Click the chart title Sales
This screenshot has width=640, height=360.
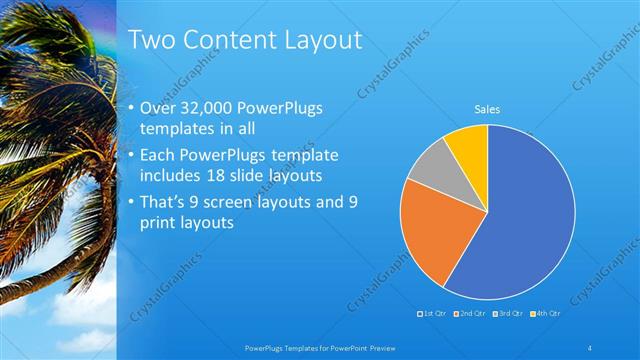[487, 109]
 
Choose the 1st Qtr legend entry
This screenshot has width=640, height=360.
[432, 314]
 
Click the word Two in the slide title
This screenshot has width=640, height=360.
[153, 41]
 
